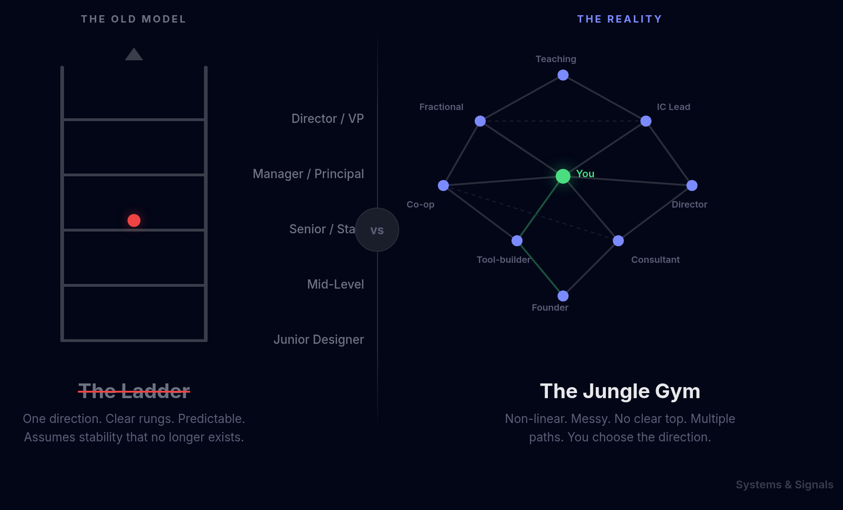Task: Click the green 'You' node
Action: click(563, 176)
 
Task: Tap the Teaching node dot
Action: click(563, 75)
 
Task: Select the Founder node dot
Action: click(563, 296)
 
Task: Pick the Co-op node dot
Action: click(443, 185)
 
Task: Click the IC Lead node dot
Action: click(645, 121)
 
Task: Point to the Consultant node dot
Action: click(618, 241)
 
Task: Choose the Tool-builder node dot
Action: click(517, 241)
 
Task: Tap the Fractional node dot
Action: click(480, 121)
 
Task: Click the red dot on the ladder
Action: click(134, 220)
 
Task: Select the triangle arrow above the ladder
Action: click(134, 55)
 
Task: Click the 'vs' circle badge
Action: click(377, 230)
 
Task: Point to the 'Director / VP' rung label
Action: click(327, 119)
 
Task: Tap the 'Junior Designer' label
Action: click(319, 340)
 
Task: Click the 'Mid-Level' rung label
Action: click(335, 284)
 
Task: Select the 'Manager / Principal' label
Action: click(308, 174)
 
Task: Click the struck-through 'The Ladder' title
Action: click(134, 391)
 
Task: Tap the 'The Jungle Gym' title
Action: click(620, 391)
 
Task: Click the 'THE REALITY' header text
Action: click(619, 19)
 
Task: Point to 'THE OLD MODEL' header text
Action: click(134, 19)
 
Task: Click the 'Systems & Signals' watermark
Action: click(784, 485)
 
